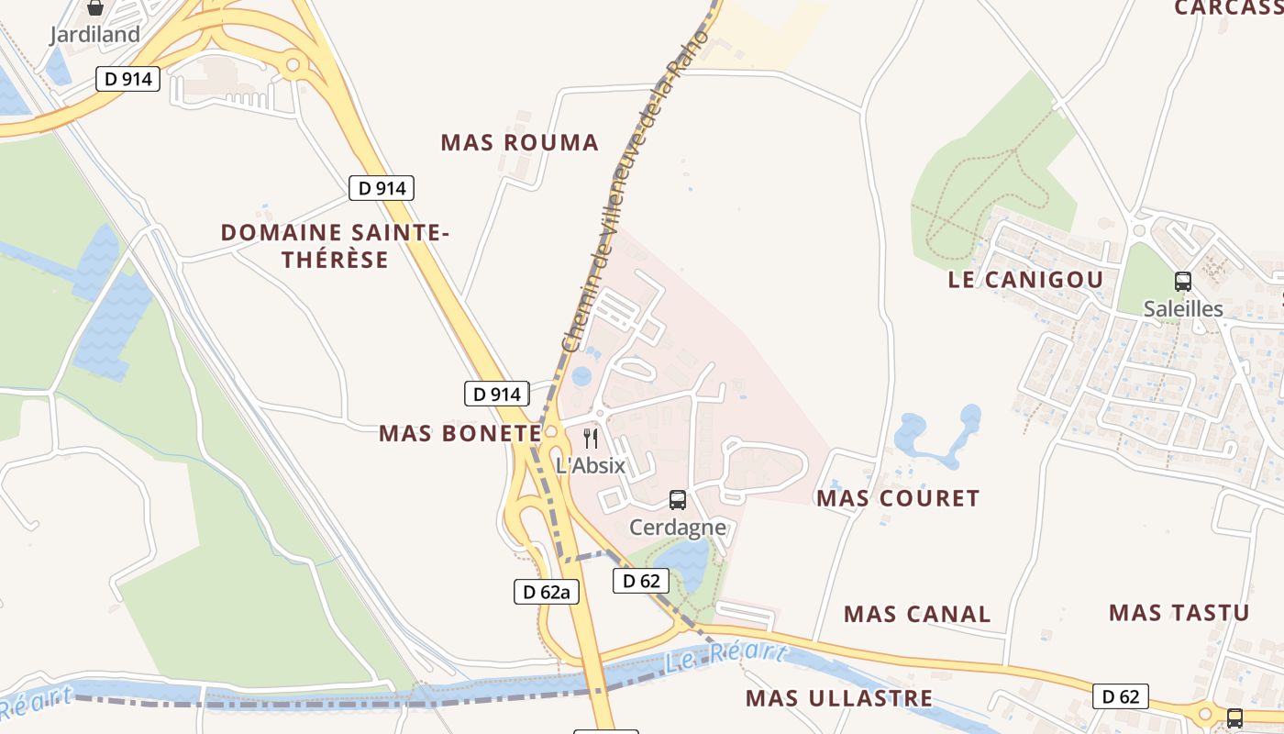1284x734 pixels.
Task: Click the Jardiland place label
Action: tap(95, 35)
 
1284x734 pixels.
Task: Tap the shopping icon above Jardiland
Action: tap(95, 8)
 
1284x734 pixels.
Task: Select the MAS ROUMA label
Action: tap(519, 143)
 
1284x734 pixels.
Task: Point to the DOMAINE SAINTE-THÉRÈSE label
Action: tap(335, 246)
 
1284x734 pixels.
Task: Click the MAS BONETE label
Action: tap(460, 433)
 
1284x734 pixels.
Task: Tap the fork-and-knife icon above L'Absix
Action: tap(591, 439)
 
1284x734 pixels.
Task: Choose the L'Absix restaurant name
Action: tap(591, 465)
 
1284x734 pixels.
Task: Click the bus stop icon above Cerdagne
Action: tap(678, 500)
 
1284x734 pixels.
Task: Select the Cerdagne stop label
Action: tap(678, 527)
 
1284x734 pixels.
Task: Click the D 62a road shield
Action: tap(547, 592)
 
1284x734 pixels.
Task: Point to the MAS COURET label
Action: tap(898, 498)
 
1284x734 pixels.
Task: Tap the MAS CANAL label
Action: tap(917, 614)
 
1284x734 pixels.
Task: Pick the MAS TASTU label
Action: tap(1179, 612)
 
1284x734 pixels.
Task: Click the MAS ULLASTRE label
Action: tap(839, 698)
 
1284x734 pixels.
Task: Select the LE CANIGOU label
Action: tap(1025, 280)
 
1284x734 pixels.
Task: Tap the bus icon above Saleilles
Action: tap(1183, 282)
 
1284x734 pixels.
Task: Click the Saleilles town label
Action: tap(1183, 308)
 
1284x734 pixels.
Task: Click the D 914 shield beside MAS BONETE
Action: tap(497, 395)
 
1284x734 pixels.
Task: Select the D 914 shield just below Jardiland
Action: tap(128, 79)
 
